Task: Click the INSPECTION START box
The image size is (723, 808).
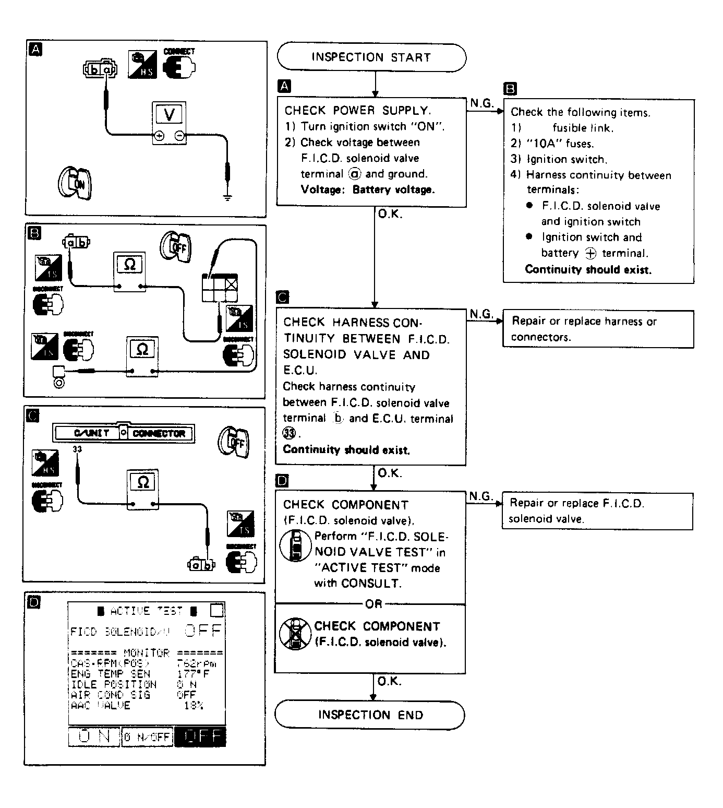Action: point(371,57)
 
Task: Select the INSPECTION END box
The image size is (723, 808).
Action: point(370,715)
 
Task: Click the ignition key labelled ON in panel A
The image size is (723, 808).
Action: point(75,183)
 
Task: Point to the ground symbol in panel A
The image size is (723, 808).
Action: point(227,197)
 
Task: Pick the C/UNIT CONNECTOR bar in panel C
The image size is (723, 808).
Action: point(124,433)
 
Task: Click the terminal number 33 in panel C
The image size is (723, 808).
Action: point(77,449)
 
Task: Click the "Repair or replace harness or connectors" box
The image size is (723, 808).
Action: point(598,329)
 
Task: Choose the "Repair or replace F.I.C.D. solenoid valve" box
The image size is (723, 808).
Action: point(597,511)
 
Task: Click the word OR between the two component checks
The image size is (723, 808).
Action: point(373,604)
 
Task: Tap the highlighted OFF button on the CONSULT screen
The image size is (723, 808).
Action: point(200,736)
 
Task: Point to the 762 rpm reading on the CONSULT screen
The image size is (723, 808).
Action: point(196,663)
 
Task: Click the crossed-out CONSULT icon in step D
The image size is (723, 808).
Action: point(295,634)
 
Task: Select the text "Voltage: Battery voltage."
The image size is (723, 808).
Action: point(367,189)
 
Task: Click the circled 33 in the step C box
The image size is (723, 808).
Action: point(288,433)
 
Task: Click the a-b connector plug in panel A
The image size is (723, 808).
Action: point(100,69)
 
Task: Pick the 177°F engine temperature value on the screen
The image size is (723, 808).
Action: point(193,674)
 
